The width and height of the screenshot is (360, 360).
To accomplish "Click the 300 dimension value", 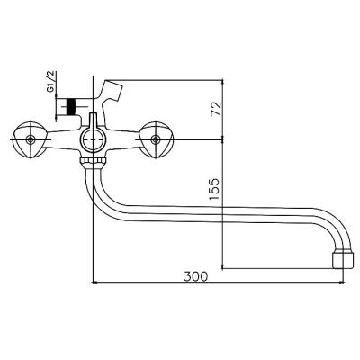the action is coord(195,276).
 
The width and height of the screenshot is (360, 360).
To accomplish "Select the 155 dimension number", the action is coord(215,190).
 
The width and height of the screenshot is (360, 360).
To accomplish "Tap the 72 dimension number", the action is coord(216,109).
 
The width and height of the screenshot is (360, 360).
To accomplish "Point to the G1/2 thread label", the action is coord(51,81).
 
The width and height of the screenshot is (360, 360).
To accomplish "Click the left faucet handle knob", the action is coord(30,139).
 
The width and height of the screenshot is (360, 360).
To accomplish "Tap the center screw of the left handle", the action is coord(30,139).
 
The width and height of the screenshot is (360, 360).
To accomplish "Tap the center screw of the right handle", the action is coord(155,139).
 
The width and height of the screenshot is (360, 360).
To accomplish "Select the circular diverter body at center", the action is coord(93,140).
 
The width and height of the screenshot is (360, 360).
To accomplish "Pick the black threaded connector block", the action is coord(71,107).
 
